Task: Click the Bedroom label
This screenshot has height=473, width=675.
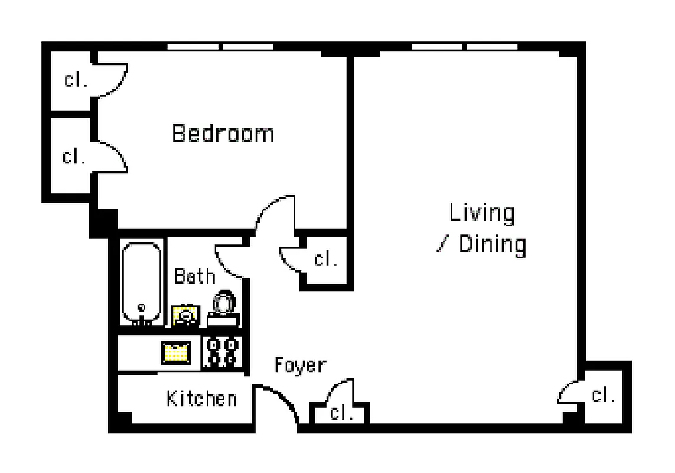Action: tap(223, 133)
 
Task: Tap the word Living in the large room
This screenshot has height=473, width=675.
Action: tap(482, 213)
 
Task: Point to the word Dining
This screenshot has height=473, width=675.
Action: tap(493, 244)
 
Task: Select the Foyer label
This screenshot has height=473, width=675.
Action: tap(300, 365)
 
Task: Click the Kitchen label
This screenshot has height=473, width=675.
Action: tap(201, 399)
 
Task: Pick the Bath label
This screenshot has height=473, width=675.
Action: tap(194, 276)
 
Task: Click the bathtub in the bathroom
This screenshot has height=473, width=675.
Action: tap(141, 284)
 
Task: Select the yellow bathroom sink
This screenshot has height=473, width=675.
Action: tap(185, 316)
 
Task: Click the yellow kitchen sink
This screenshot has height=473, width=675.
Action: tap(176, 352)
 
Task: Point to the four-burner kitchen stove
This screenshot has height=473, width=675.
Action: tap(222, 352)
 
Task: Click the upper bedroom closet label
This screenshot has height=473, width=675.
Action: tap(76, 80)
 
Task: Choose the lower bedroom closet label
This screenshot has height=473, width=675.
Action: tap(74, 157)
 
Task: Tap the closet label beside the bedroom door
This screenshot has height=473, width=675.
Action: tap(325, 259)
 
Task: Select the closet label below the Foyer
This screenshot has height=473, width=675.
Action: tap(341, 413)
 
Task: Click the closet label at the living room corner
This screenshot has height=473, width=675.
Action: tap(604, 394)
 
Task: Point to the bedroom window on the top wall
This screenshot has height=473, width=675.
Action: tap(220, 46)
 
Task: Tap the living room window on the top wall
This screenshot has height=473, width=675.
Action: tap(464, 46)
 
